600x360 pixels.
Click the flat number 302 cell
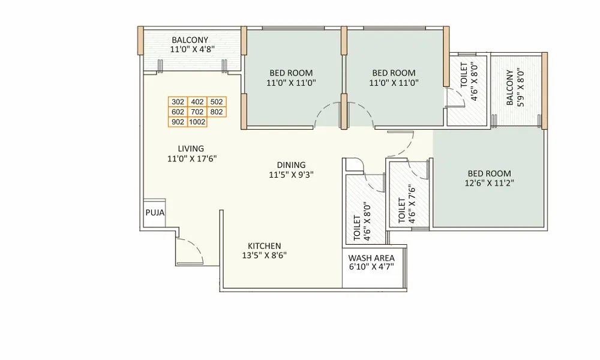pos(178,102)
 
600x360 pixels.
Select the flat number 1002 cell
pos(197,122)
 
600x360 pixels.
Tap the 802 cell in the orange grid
pos(217,112)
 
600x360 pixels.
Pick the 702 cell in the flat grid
pos(197,112)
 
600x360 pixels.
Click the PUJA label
pos(154,213)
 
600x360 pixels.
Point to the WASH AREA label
pos(371,259)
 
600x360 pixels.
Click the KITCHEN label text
pos(265,246)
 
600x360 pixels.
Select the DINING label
pos(291,165)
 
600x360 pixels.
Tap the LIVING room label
pos(191,149)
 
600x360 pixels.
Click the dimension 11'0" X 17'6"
pos(191,159)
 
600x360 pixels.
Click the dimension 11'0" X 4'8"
pos(190,50)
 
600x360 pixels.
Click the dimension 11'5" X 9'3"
pos(291,175)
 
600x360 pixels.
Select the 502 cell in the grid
pos(217,102)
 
